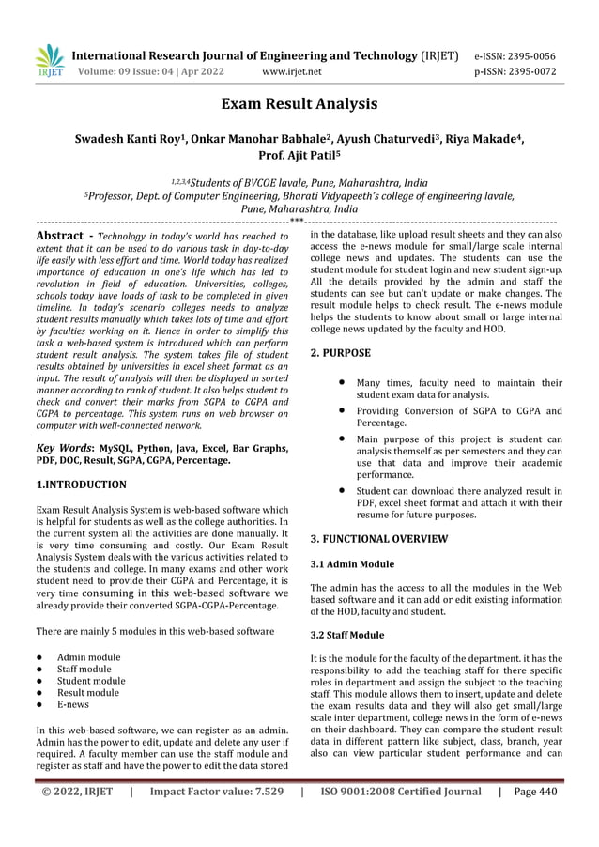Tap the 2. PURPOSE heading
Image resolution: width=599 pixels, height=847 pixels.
tap(340, 353)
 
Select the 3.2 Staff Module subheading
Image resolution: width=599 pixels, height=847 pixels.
tap(347, 635)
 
